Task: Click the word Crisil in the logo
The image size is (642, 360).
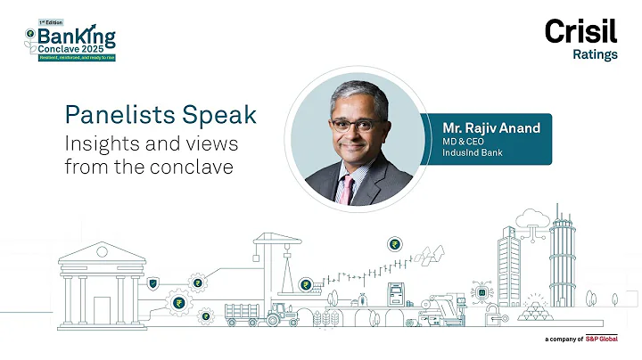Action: click(580, 32)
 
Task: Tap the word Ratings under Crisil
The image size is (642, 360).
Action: click(595, 54)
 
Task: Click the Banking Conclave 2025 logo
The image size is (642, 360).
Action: click(71, 40)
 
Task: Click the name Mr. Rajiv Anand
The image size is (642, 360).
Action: click(485, 127)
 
